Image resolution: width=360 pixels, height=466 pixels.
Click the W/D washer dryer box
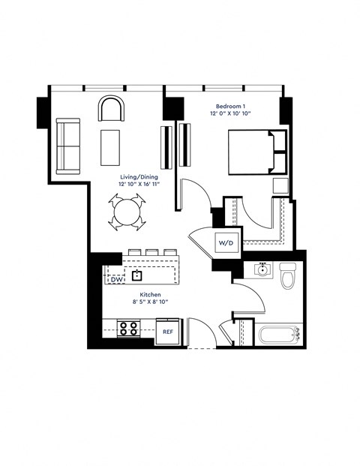pos(226,243)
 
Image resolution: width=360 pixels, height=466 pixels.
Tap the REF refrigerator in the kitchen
pos(167,331)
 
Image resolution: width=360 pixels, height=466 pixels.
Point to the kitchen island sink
pos(136,275)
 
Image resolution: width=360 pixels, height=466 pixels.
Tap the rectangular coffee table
pos(112,148)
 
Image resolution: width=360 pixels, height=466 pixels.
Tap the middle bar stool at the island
pos(152,252)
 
